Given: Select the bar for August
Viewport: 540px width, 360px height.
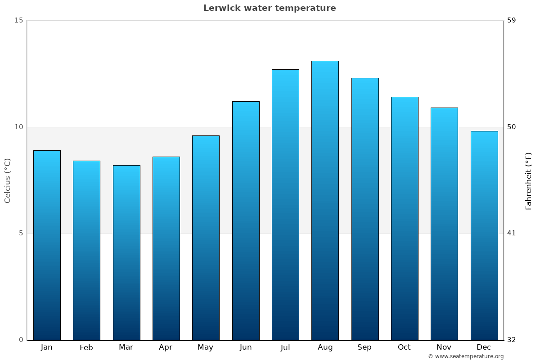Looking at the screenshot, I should point(325,200).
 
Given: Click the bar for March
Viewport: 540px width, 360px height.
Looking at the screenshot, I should point(126,252).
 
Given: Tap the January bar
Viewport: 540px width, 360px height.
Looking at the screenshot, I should point(47,245).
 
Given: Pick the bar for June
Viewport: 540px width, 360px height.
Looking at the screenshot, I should point(246,220).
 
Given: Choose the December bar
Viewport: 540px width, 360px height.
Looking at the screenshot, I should point(484,235).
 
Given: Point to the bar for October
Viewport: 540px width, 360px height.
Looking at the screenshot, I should point(405,218).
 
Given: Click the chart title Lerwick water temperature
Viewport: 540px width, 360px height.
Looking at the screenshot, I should point(270,8).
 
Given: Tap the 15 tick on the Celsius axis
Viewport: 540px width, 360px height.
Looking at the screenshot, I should point(18,20).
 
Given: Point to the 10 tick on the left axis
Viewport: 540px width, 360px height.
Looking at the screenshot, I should point(18,127).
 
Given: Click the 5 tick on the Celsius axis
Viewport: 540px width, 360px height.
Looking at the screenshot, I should point(21,233).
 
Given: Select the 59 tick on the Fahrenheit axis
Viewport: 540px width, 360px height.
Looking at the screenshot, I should point(511,20).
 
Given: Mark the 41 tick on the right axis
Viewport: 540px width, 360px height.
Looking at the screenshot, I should point(511,233).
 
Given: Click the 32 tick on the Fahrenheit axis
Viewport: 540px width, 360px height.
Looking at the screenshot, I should point(511,340).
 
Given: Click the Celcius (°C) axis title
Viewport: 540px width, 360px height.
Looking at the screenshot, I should point(8,180).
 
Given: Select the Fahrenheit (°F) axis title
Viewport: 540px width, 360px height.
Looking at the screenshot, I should point(529,180).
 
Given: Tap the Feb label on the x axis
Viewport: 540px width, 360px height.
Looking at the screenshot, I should point(86,347).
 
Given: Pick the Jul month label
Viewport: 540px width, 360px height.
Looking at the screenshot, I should point(285,347).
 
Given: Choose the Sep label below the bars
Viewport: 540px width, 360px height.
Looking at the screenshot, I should point(364,347).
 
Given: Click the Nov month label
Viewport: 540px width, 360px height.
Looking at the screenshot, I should point(444,347).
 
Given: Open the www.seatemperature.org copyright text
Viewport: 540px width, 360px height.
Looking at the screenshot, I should point(466,356).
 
